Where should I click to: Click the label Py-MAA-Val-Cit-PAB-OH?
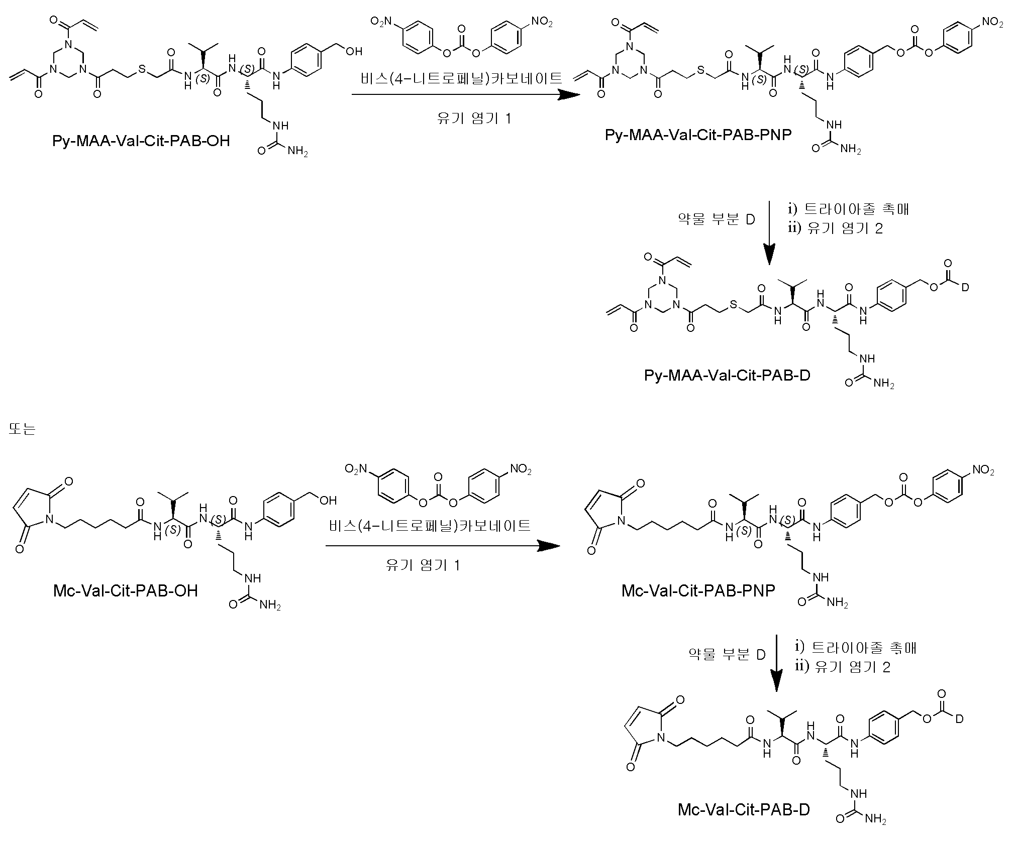pos(141,141)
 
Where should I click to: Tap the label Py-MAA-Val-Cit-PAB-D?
pos(727,375)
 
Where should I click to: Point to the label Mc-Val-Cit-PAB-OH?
pos(125,590)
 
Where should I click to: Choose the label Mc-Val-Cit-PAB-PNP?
pos(698,590)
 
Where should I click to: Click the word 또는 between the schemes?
pos(22,429)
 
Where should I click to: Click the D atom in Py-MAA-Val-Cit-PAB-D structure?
pos(964,288)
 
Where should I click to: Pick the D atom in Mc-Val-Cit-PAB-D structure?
pos(959,719)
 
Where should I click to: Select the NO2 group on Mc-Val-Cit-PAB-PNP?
pos(983,470)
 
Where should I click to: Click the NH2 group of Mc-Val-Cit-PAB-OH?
pos(270,606)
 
